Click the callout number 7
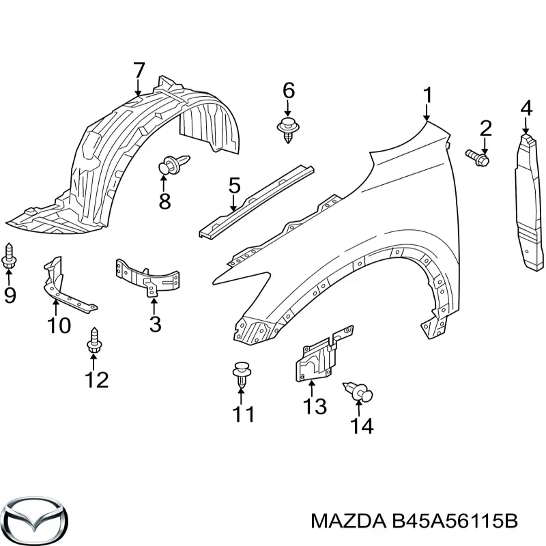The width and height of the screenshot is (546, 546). coord(139,71)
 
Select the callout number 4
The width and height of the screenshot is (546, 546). coord(526,108)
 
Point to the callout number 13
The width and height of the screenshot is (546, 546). coord(315,406)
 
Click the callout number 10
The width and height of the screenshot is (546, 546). coord(59,326)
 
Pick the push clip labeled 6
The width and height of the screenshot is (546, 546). coord(288,130)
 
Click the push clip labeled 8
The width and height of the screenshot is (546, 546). coord(174,164)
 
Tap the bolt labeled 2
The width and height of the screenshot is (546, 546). coord(477,157)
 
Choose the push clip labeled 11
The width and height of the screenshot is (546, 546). coord(242,375)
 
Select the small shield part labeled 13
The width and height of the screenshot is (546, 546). coord(324,354)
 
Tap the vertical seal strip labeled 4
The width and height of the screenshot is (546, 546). coord(528,202)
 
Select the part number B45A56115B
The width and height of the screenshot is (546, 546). coord(455,521)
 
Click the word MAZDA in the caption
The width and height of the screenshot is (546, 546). coord(348,521)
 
